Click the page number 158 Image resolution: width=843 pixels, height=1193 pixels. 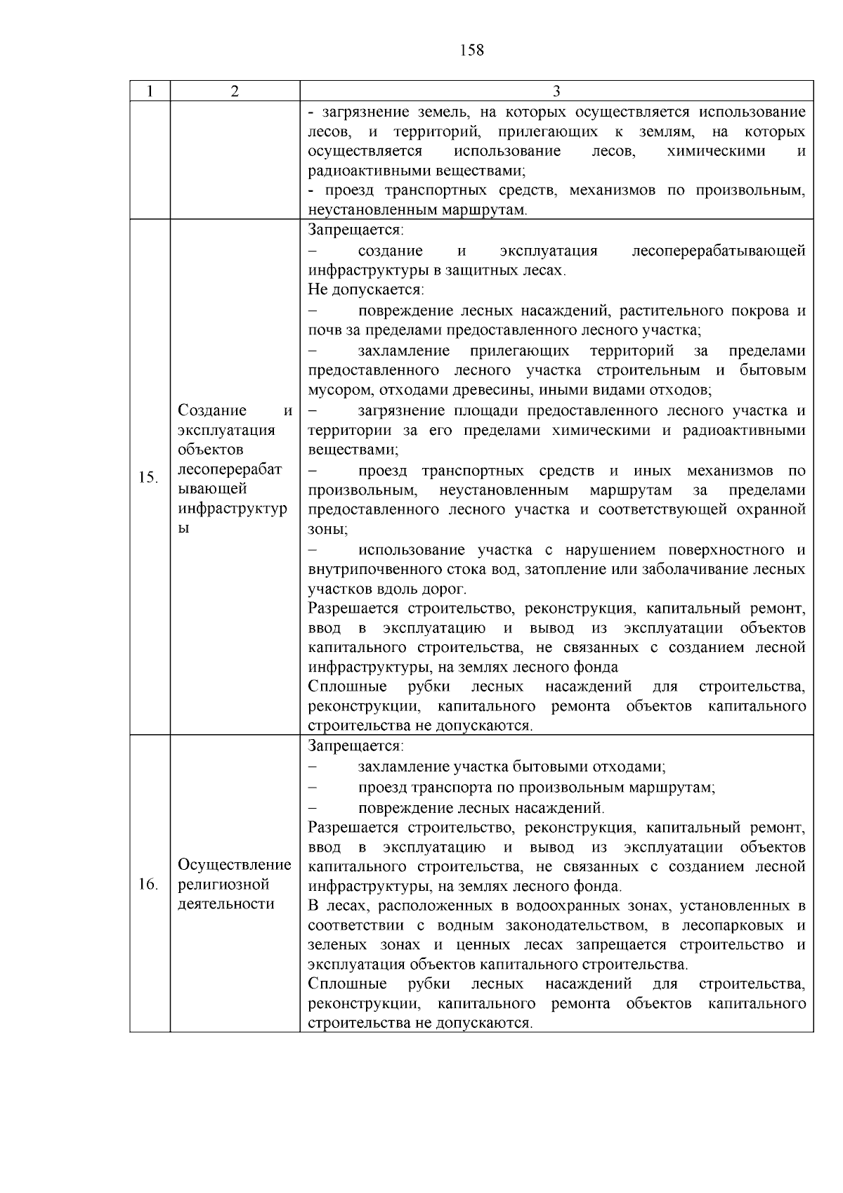(x=471, y=51)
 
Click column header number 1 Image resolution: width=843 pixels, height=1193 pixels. (x=150, y=91)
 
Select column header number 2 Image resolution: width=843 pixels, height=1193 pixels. (x=235, y=91)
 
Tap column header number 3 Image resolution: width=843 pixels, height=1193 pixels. (x=556, y=91)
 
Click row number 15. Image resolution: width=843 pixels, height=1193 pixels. (x=148, y=478)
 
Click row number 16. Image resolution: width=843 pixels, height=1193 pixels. (x=148, y=884)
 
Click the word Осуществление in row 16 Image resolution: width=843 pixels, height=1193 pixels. (x=235, y=864)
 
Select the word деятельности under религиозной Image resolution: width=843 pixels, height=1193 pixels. (x=226, y=904)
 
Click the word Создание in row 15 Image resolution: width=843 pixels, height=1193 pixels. (x=212, y=410)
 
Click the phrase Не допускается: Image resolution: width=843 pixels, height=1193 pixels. (x=365, y=290)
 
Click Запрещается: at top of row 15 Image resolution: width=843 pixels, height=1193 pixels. (x=355, y=230)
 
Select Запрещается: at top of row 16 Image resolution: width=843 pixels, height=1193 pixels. (x=355, y=746)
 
